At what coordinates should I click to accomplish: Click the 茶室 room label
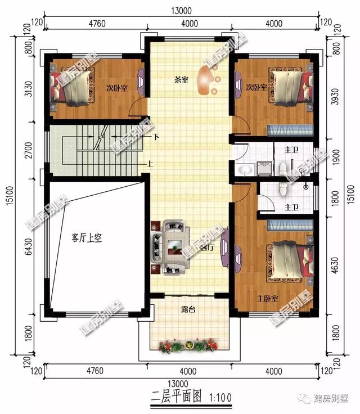coord(181,80)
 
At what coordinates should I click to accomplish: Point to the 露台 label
coord(188,308)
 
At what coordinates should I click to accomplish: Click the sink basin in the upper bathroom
coord(244,170)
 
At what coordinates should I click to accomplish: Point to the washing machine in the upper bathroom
coord(263,168)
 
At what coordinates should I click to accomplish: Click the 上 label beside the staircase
coord(150,165)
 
